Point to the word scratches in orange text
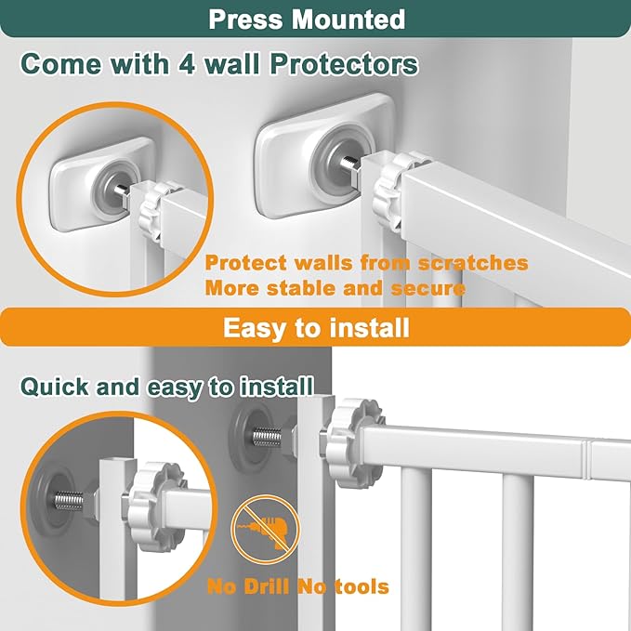tap(470, 263)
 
